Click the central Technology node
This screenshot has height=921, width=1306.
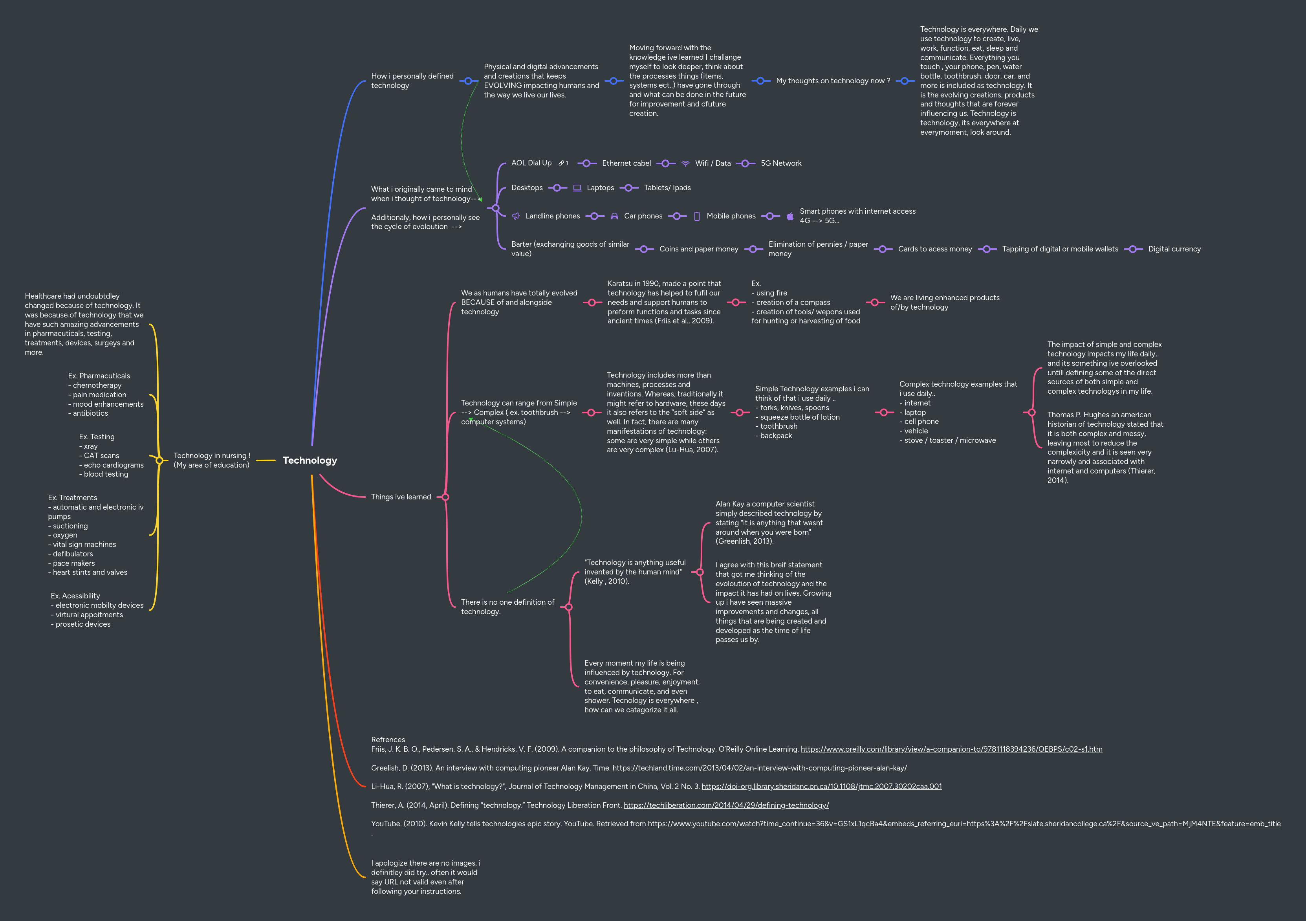(310, 460)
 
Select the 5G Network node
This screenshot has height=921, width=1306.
(780, 163)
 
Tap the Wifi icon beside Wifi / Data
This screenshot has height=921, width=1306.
(685, 164)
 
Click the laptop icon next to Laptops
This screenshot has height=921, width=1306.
(577, 188)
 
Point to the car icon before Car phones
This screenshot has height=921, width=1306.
(614, 216)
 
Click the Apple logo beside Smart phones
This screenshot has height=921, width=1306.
(789, 216)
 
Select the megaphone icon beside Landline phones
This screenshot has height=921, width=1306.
(516, 216)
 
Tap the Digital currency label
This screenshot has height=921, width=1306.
(1174, 249)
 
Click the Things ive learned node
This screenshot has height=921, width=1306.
(401, 497)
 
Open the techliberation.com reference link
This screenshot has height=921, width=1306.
(726, 805)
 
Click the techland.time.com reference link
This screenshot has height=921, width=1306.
(759, 768)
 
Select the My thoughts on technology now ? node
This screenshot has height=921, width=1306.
(833, 81)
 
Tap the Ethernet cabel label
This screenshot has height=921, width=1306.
(626, 163)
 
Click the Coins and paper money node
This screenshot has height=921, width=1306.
(698, 249)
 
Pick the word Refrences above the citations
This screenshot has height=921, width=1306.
(388, 739)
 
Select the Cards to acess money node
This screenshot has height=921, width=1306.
(934, 249)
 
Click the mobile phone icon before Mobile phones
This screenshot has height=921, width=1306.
(697, 216)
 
